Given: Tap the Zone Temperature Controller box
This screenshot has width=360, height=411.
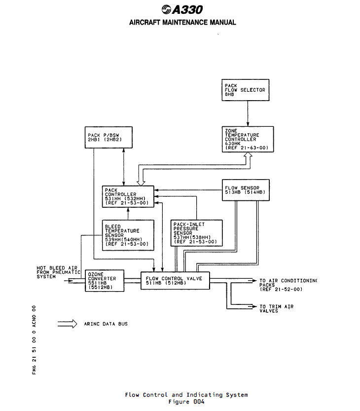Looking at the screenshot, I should [247, 139].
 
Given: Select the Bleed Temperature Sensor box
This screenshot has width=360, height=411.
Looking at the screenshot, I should [127, 234].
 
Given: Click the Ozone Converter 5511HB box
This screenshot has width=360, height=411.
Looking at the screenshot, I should [103, 280].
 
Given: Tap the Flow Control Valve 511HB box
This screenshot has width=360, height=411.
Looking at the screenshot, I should [175, 280].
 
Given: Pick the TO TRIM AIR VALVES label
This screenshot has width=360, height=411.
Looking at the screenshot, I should [276, 308].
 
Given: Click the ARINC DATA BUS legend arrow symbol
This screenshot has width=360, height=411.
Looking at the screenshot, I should [68, 324].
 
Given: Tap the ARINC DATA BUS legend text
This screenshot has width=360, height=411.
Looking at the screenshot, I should [106, 324].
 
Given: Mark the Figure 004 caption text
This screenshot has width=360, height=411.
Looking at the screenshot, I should [186, 402].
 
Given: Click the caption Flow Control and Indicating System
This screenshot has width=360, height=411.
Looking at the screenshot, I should [186, 395].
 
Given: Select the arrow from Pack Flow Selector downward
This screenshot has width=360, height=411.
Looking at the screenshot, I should [247, 113].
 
